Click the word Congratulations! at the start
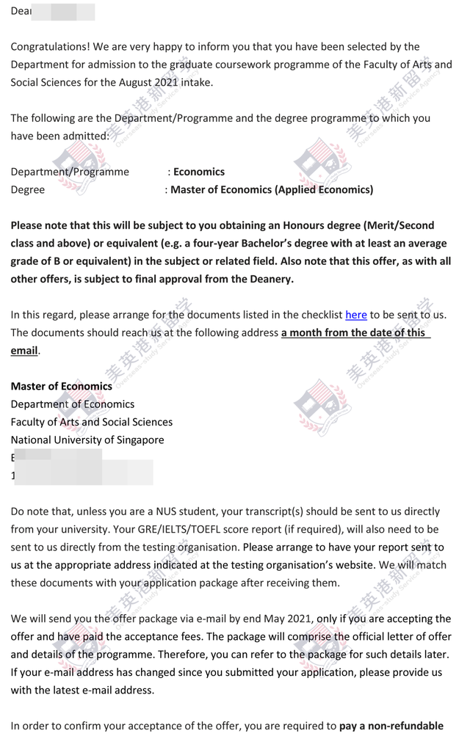coord(46,46)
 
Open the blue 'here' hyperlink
coord(356,315)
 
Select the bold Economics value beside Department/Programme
coord(199,172)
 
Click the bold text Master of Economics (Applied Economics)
coord(272,189)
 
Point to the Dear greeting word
coord(21,11)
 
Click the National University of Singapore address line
coord(87,440)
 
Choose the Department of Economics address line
coord(73,404)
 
